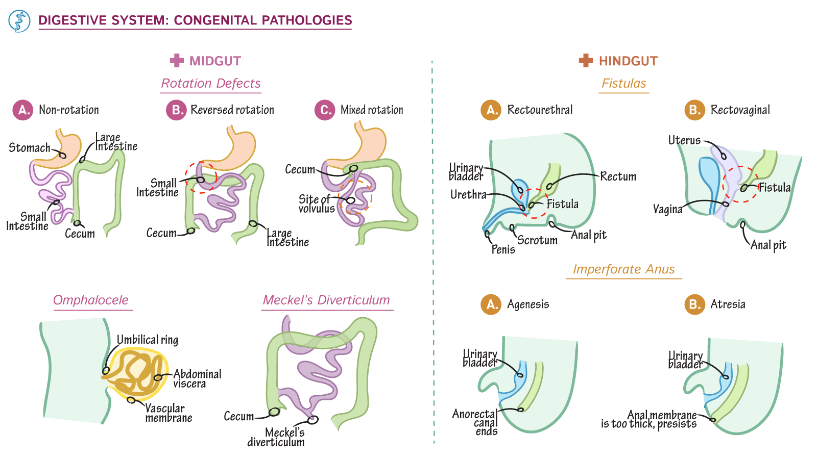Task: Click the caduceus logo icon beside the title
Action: pyautogui.click(x=19, y=21)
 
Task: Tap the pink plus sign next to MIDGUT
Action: pyautogui.click(x=177, y=61)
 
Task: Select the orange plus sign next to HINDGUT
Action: pyautogui.click(x=586, y=61)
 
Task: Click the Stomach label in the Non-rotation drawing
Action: pyautogui.click(x=30, y=148)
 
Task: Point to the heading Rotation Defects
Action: pyautogui.click(x=211, y=84)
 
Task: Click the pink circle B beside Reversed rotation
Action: pyautogui.click(x=176, y=110)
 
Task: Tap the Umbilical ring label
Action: pyautogui.click(x=148, y=340)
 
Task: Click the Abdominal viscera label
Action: pyautogui.click(x=197, y=378)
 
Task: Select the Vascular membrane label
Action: pyautogui.click(x=168, y=413)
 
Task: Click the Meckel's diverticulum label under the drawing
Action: pyautogui.click(x=276, y=438)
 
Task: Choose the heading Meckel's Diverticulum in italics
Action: pyautogui.click(x=326, y=300)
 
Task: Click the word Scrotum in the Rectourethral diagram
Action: pyautogui.click(x=537, y=240)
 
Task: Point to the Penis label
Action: pyautogui.click(x=503, y=249)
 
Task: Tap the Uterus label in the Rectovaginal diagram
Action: pyautogui.click(x=684, y=140)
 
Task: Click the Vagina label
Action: pyautogui.click(x=667, y=209)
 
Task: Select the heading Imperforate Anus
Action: pyautogui.click(x=623, y=269)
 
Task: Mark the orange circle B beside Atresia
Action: pyautogui.click(x=694, y=304)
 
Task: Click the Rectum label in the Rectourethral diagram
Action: pyautogui.click(x=618, y=176)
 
